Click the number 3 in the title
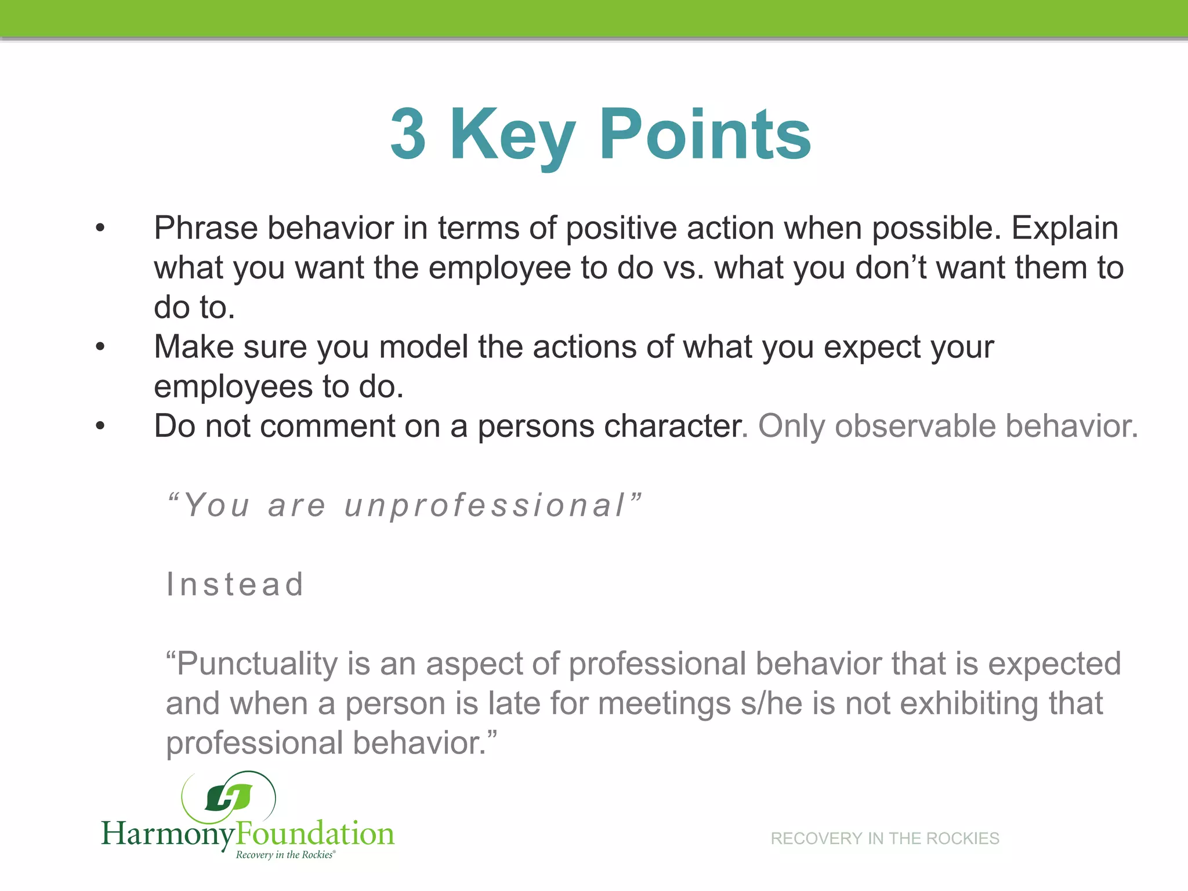point(408,135)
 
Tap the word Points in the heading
point(704,135)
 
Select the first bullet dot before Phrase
point(100,228)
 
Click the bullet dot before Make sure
point(100,347)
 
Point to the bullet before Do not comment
point(100,426)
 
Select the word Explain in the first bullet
point(1065,228)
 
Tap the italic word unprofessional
point(485,505)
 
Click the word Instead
point(235,584)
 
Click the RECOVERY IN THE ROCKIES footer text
point(885,838)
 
